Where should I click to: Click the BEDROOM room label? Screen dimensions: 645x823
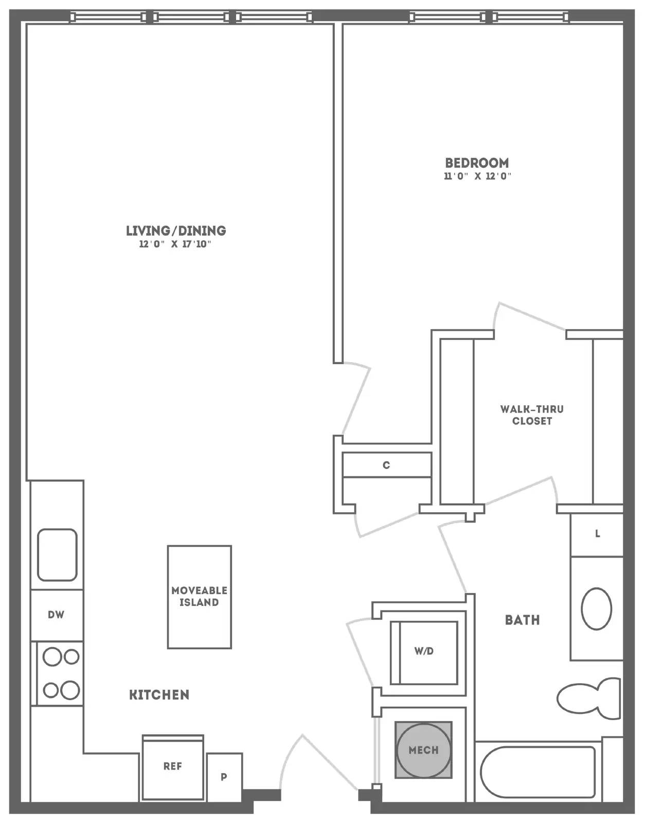[x=477, y=163]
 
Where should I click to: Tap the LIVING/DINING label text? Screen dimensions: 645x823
[x=176, y=230]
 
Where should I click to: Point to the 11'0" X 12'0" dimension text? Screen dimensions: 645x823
[x=478, y=176]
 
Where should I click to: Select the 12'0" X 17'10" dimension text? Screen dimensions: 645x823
[x=175, y=244]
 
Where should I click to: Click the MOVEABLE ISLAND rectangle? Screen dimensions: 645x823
[x=199, y=597]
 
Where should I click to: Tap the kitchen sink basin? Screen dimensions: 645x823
[x=57, y=555]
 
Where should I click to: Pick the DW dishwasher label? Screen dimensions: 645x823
[x=56, y=614]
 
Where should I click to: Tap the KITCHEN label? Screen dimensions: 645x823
[x=159, y=695]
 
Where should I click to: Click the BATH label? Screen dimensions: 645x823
[x=522, y=620]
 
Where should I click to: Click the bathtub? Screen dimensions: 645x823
[x=538, y=772]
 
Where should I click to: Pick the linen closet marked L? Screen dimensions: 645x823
[x=597, y=535]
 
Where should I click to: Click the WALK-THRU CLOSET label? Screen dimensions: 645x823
[x=532, y=415]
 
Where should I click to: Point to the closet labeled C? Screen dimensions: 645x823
[x=387, y=465]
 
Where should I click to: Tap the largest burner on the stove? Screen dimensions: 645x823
[x=70, y=690]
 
